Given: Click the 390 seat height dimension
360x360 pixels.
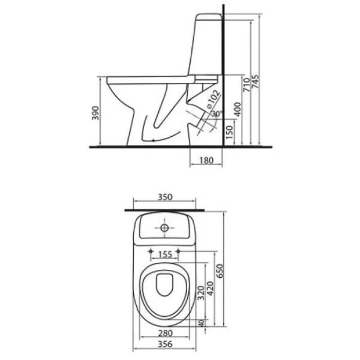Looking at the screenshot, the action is tap(96, 113).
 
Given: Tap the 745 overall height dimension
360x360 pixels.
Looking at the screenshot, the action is tap(255, 81).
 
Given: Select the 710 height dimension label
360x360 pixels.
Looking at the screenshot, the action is tap(246, 85).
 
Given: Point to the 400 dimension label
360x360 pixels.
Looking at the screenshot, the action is tap(238, 109).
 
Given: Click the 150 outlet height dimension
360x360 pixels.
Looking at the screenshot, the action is tap(229, 132).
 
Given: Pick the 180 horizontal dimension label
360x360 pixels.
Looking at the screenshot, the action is tap(206, 160).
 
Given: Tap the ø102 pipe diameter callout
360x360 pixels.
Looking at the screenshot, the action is tap(212, 99).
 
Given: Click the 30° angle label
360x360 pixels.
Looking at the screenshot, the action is tap(217, 114).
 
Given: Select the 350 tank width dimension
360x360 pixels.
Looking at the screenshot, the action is tap(165, 197).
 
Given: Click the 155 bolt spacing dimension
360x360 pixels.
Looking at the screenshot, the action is tap(165, 255).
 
